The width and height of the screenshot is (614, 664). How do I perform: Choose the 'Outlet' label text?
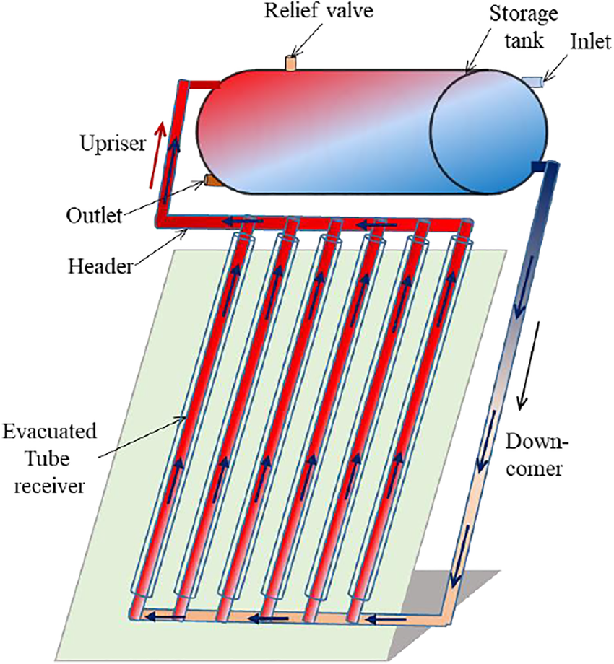(x=92, y=214)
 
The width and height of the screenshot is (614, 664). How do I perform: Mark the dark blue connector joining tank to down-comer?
(x=539, y=167)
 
